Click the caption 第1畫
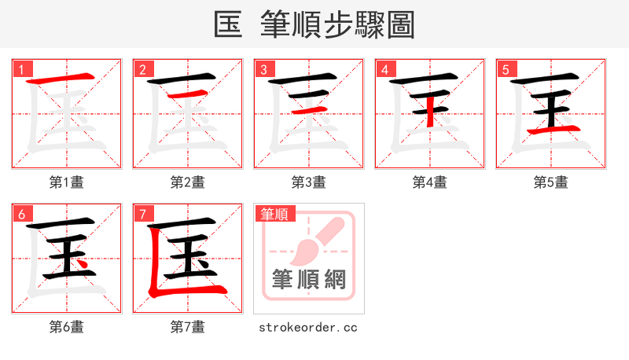click(67, 182)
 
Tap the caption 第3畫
click(309, 182)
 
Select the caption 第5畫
click(551, 182)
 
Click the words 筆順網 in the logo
click(309, 278)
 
